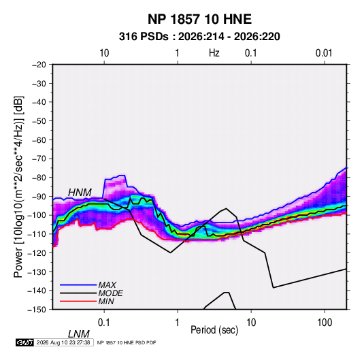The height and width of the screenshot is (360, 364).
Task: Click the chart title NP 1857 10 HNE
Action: coord(199,19)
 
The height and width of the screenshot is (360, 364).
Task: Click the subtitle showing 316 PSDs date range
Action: coord(199,37)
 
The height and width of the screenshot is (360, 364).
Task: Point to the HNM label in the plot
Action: coord(80,193)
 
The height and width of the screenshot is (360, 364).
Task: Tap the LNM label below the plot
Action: coord(79,334)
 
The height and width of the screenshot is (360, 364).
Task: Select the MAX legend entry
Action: coord(107,285)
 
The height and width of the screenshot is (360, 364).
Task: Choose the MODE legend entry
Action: coord(110,293)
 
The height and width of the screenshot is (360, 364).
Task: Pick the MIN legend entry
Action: coord(106,301)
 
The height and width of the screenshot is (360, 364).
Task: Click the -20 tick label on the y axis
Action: coord(39,65)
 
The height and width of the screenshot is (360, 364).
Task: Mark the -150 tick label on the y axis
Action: coord(37,310)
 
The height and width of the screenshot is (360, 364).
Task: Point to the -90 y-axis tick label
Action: coord(39,197)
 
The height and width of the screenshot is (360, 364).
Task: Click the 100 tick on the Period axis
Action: coord(325,323)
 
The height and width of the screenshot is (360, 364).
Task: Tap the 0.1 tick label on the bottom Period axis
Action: coord(104,323)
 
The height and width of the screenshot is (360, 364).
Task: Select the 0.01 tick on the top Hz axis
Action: coord(324,53)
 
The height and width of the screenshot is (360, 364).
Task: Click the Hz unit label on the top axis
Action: coord(214,53)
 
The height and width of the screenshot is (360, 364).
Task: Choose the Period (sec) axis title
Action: coord(214,330)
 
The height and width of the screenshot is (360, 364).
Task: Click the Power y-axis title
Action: coord(18,187)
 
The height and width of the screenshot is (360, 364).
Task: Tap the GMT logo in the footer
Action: coord(25,342)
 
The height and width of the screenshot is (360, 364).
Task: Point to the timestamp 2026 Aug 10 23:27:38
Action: coord(63,342)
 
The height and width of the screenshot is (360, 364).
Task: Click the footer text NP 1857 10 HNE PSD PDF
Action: coord(127,342)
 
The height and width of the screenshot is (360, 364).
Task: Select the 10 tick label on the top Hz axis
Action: coord(104,53)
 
